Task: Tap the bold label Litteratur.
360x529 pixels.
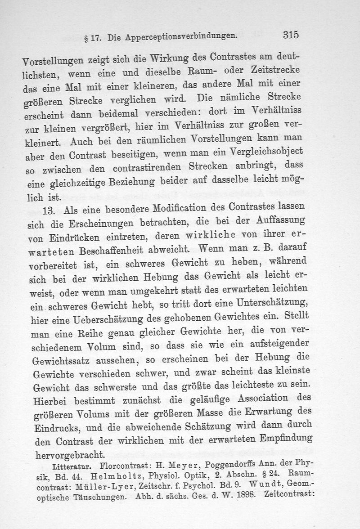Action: [x=73, y=463]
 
